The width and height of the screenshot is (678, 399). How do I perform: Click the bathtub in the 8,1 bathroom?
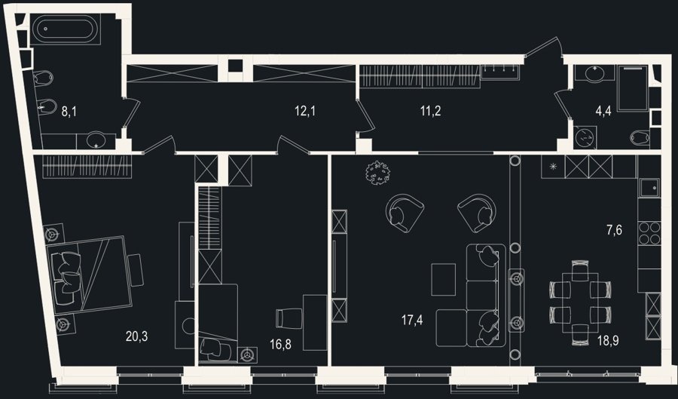66,29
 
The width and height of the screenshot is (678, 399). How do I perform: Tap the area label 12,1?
305,111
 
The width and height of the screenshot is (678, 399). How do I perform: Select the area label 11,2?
431,111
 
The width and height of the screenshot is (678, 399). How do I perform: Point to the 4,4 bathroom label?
603,111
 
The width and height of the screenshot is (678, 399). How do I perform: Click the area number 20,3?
136,336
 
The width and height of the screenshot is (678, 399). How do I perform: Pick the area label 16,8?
280,345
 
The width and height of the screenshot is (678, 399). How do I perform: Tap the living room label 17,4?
412,321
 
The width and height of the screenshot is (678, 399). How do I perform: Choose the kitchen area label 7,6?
614,230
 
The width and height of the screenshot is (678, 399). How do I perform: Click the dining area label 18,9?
608,341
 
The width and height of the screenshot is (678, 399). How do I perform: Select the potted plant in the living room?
377,173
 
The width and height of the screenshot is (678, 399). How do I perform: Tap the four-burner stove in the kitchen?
649,233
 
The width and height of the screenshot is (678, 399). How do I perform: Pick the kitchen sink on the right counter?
649,188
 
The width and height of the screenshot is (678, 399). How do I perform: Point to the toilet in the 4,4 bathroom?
640,138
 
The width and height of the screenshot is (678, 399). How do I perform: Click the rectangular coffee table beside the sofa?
443,279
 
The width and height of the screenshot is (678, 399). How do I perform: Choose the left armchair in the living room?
404,213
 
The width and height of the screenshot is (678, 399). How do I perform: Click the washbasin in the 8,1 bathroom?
96,140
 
